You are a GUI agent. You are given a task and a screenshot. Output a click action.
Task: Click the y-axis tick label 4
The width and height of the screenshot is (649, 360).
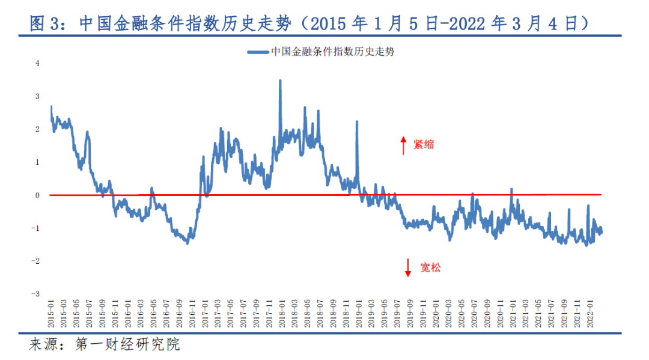pyautogui.click(x=37, y=63)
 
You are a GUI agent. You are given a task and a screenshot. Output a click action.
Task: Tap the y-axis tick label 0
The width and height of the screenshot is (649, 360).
pyautogui.click(x=37, y=195)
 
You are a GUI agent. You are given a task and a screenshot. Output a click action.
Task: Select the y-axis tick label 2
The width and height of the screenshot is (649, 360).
pyautogui.click(x=37, y=129)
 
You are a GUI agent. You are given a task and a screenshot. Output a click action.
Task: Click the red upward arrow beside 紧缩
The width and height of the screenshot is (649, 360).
pyautogui.click(x=404, y=145)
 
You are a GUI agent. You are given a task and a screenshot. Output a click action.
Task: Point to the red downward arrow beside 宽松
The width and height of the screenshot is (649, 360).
pyautogui.click(x=408, y=267)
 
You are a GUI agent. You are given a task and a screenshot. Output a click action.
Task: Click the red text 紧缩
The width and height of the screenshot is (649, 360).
pyautogui.click(x=423, y=145)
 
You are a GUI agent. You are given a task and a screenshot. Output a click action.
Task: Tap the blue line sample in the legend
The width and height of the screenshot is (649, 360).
pyautogui.click(x=258, y=52)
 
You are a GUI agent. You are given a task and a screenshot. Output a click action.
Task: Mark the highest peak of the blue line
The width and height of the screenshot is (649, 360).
pyautogui.click(x=280, y=81)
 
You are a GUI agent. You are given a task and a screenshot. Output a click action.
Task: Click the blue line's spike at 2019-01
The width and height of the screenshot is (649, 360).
pyautogui.click(x=357, y=122)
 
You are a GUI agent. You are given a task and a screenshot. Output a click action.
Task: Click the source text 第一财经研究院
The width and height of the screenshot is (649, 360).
pyautogui.click(x=127, y=345)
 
